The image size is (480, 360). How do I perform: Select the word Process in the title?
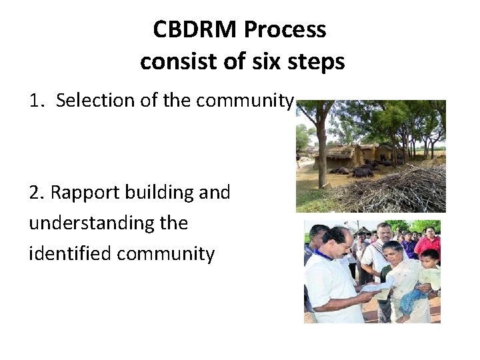pyautogui.click(x=285, y=30)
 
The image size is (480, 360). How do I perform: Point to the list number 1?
pyautogui.click(x=36, y=101)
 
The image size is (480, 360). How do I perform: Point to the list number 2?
pyautogui.click(x=37, y=193)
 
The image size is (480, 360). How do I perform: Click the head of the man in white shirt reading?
pyautogui.click(x=339, y=242)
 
